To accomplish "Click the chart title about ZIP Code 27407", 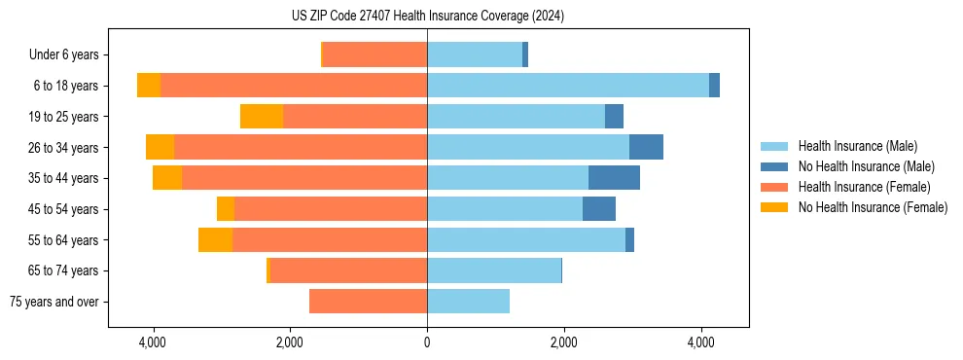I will point(427,16).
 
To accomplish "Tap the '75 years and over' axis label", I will point(53,302).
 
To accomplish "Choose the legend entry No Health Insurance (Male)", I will point(866,166).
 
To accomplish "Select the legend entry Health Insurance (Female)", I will point(864,187).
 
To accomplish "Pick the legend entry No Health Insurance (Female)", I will point(873,207).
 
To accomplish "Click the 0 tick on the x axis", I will point(427,342).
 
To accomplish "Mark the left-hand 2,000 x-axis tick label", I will point(290,342).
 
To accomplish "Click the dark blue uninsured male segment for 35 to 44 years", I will point(614,178).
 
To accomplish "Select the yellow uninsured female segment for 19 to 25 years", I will point(262,117).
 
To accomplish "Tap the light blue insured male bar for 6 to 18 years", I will point(568,86).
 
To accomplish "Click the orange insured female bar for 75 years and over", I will point(368,302).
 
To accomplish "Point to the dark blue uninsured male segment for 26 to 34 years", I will point(646,147).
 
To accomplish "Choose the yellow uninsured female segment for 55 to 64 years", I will point(215,239).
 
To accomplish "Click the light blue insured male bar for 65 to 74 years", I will point(494,270).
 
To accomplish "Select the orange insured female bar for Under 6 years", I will point(374,55).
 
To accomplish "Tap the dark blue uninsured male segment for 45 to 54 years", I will point(599,209).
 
